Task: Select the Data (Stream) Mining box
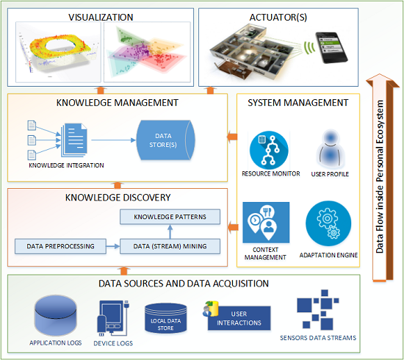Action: pos(170,245)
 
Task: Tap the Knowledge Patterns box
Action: pos(170,217)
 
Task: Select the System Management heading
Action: pos(298,103)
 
